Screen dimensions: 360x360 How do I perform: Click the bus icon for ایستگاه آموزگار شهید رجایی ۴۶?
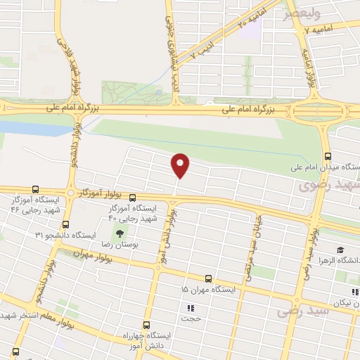(37, 190)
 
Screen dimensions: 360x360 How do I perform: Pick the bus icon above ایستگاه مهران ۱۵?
(207, 279)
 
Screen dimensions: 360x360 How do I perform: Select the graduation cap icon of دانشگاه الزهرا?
(341, 250)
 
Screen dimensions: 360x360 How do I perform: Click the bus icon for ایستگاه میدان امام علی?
(327, 157)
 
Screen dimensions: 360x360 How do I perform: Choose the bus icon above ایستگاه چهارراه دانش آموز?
(146, 325)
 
